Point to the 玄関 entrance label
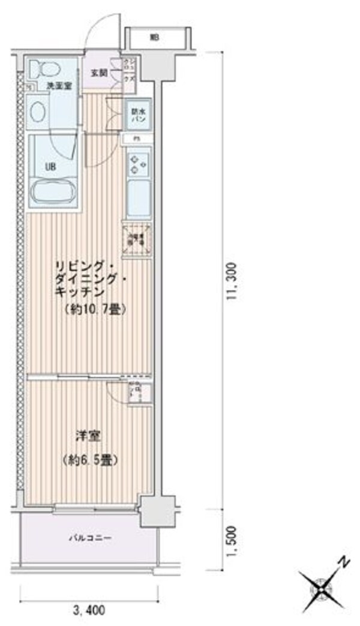point(99,73)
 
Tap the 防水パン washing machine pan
point(137,114)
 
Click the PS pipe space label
point(137,139)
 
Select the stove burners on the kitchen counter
point(138,162)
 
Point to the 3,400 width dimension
point(89,611)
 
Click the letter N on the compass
point(344,562)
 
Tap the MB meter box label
point(155,37)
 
